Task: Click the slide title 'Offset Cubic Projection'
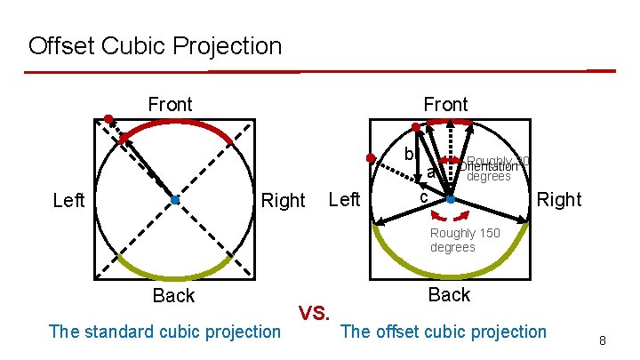[x=155, y=45]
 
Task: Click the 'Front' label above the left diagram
[x=170, y=105]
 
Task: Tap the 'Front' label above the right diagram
[x=445, y=105]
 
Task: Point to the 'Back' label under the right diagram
[x=449, y=294]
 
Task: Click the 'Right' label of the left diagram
[x=283, y=200]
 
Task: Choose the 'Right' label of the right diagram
[x=559, y=199]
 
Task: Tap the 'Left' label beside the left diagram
[x=69, y=200]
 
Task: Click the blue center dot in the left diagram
[x=175, y=200]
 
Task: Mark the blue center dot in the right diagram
[x=451, y=200]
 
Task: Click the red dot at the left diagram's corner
[x=108, y=118]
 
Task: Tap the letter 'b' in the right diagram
[x=408, y=154]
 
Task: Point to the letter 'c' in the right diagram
[x=424, y=195]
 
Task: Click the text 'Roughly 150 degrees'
[x=465, y=240]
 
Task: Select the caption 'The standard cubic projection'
[x=164, y=332]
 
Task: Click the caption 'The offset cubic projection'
[x=444, y=332]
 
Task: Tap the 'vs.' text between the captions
[x=315, y=313]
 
